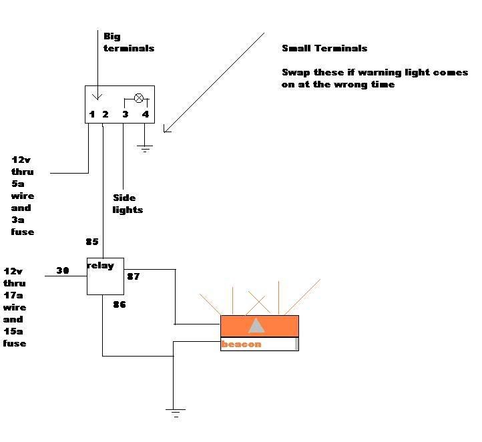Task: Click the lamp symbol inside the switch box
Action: click(x=139, y=98)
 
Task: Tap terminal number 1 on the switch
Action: click(x=92, y=114)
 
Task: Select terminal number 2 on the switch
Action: click(x=105, y=114)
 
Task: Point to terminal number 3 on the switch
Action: click(x=125, y=114)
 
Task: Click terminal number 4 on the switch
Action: click(x=145, y=114)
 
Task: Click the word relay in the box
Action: click(x=101, y=265)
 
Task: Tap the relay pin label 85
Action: click(x=92, y=242)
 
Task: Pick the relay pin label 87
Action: click(x=133, y=276)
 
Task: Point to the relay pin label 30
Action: click(x=63, y=270)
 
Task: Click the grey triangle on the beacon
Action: click(x=256, y=325)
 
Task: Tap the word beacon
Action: click(x=241, y=345)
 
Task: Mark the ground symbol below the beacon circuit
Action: click(x=176, y=413)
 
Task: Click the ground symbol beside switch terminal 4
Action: click(x=145, y=148)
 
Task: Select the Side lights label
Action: click(x=128, y=204)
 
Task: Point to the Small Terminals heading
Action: click(x=324, y=48)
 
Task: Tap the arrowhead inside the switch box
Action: click(x=97, y=96)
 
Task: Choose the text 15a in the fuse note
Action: click(x=15, y=331)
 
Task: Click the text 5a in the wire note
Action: click(x=17, y=184)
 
